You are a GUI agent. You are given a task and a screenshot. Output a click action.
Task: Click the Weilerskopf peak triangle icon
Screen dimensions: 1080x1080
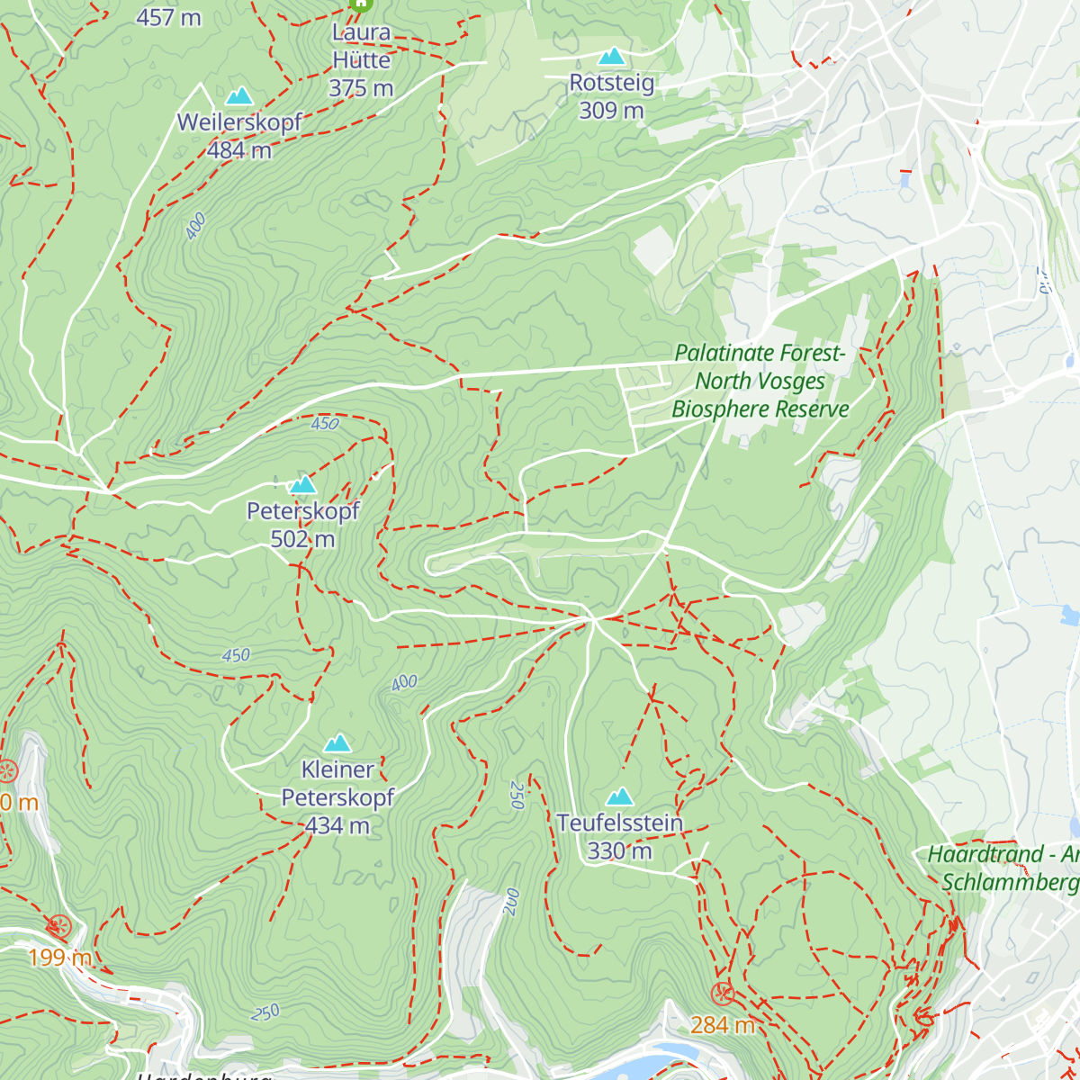[x=238, y=95]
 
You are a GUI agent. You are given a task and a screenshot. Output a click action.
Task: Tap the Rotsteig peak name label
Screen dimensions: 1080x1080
[x=611, y=83]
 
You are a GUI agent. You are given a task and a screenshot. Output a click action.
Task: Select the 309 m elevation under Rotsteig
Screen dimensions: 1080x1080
[x=611, y=111]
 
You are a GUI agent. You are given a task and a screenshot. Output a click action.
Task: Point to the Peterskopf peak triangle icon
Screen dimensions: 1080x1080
[x=303, y=485]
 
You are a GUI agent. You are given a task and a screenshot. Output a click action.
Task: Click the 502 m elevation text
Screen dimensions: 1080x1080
[x=302, y=539]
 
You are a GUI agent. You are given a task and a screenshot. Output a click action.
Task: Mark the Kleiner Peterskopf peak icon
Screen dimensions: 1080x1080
[x=337, y=742]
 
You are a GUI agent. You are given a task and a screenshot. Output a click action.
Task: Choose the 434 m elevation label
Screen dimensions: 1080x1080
[x=337, y=825]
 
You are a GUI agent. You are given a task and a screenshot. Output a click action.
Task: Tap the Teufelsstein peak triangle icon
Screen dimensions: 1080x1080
[x=619, y=796]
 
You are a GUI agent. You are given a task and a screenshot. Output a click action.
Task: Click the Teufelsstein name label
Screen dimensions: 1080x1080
[x=619, y=823]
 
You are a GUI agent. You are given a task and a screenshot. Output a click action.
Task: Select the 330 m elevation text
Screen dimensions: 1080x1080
[x=619, y=850]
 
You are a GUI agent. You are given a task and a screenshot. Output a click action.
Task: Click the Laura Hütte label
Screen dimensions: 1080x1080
[x=361, y=46]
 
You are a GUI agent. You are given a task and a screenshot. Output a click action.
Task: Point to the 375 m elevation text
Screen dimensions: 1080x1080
[x=361, y=88]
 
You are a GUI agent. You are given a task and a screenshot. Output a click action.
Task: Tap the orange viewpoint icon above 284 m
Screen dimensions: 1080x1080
[x=722, y=994]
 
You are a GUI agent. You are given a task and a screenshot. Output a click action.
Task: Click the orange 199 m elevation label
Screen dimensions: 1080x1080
[x=59, y=957]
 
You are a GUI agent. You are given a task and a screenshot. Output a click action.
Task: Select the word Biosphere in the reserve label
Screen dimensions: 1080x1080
[x=721, y=409]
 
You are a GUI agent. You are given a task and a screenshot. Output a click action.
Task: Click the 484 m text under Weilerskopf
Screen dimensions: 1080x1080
[x=239, y=150]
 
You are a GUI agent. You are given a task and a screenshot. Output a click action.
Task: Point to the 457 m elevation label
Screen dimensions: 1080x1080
[x=168, y=17]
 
